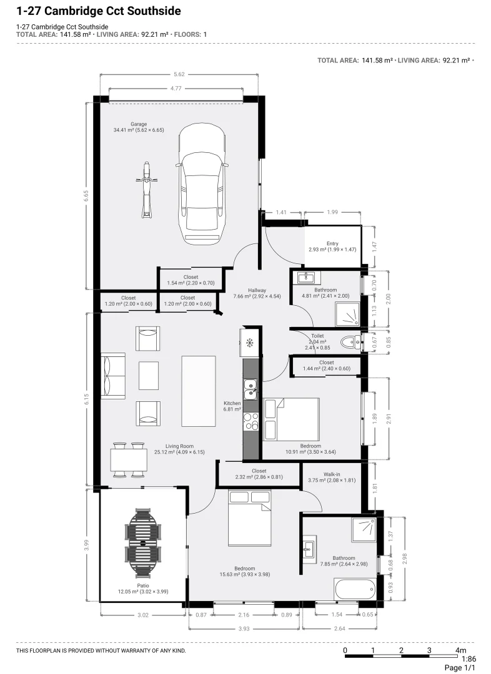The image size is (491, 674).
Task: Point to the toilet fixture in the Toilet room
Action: (350, 342)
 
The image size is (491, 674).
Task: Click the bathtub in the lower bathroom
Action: (355, 589)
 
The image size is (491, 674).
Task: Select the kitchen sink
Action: (250, 389)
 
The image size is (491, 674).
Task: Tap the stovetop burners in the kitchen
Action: (250, 421)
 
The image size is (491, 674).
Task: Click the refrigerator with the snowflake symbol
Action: (249, 343)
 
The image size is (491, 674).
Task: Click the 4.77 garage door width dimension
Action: (176, 89)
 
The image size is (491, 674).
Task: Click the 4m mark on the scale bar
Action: (461, 650)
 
